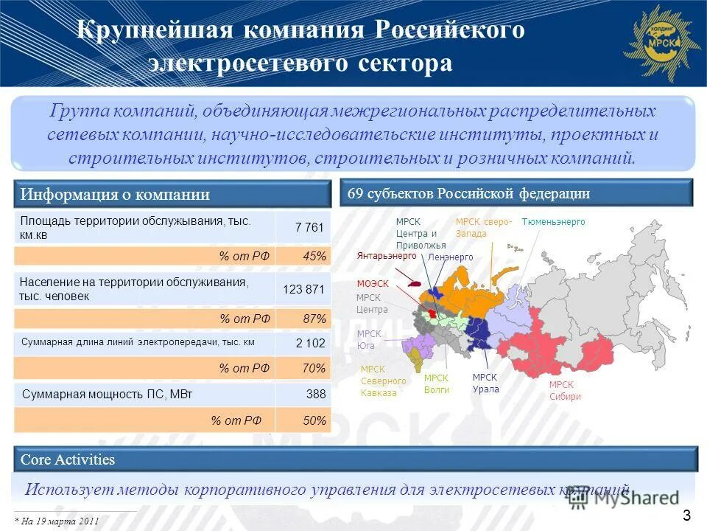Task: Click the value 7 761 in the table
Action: [x=309, y=228]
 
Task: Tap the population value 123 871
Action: [x=303, y=289]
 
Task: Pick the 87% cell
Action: [x=314, y=319]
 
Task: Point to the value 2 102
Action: [x=309, y=343]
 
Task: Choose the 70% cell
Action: [x=314, y=368]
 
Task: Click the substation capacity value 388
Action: [x=315, y=395]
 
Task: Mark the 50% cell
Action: [x=314, y=420]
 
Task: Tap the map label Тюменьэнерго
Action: [x=553, y=222]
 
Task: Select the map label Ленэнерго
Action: [x=450, y=257]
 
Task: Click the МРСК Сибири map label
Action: [x=565, y=390]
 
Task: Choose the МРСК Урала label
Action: [x=485, y=383]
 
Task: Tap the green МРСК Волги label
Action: [x=437, y=383]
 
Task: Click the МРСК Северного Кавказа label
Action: [x=383, y=381]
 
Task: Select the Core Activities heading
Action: [x=68, y=459]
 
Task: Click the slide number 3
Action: [x=686, y=515]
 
